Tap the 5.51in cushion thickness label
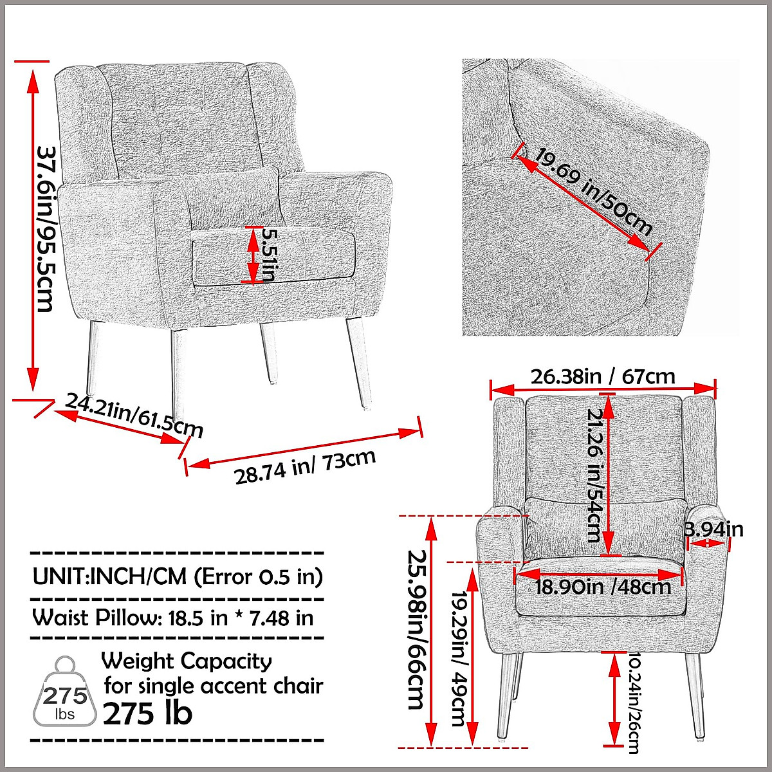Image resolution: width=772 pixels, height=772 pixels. [x=268, y=255]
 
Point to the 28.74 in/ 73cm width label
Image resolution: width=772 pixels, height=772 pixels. [x=304, y=466]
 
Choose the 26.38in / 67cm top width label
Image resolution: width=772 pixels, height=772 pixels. [x=603, y=376]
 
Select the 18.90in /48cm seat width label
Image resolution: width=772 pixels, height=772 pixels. [x=603, y=586]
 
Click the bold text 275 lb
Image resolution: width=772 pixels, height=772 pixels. [x=147, y=713]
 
